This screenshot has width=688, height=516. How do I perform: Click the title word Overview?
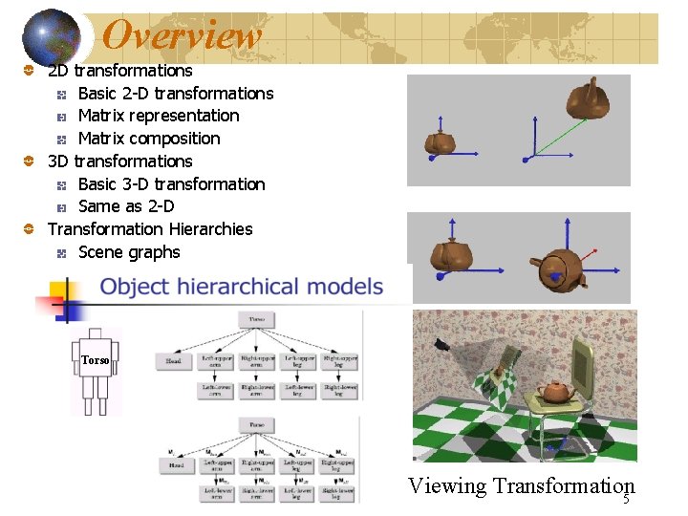182,36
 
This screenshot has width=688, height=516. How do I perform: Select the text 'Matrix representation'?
159,116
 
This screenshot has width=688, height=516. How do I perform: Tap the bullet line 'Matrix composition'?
148,139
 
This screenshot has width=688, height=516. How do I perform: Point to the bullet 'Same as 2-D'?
126,206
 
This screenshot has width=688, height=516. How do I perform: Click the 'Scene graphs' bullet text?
129,252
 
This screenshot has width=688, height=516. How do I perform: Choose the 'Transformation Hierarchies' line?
150,229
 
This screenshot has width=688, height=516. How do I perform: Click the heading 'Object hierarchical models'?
242,286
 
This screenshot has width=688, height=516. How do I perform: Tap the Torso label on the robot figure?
96,360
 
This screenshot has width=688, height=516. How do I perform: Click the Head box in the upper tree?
173,362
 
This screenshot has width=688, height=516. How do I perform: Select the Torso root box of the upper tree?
257,318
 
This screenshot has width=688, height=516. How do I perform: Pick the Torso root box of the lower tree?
257,425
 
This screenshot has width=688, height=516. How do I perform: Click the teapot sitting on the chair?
554,391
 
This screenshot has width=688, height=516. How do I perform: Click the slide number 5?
627,500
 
